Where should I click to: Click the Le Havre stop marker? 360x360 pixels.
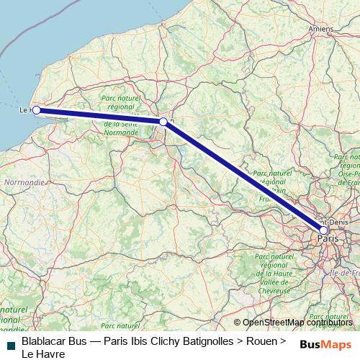[x=36, y=110]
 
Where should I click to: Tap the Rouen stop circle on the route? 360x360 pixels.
[x=163, y=122]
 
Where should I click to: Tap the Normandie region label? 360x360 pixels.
[x=19, y=183]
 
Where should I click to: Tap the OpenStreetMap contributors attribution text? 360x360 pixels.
[x=297, y=323]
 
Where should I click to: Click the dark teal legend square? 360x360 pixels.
[x=10, y=345]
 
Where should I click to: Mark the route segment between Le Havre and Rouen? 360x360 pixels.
[x=101, y=116]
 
